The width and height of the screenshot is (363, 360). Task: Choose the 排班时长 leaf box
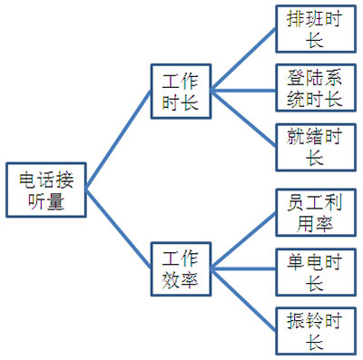tap(315, 31)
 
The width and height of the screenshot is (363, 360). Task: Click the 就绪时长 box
tap(315, 146)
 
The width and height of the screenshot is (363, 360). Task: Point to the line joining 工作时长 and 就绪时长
tap(243, 119)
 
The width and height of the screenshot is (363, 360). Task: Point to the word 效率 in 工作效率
tap(181, 278)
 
